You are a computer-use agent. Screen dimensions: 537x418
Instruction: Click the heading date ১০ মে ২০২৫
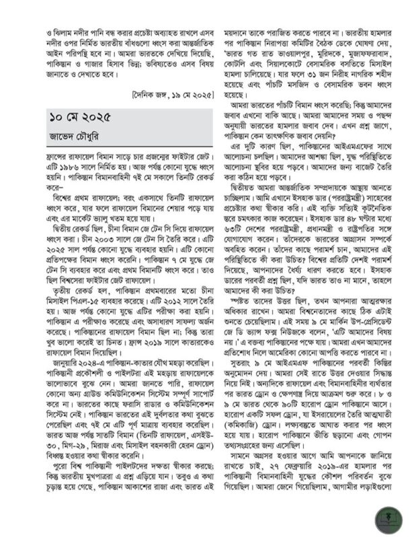click(x=79, y=118)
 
